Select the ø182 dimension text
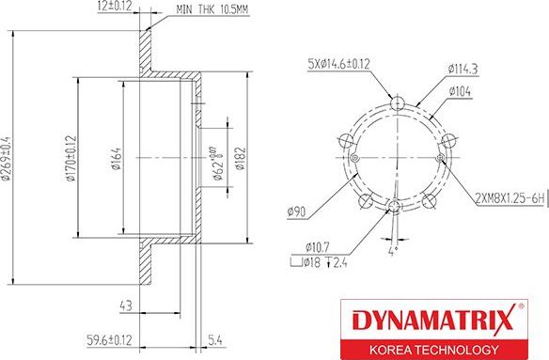tap(240, 155)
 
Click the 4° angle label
tap(393, 252)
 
